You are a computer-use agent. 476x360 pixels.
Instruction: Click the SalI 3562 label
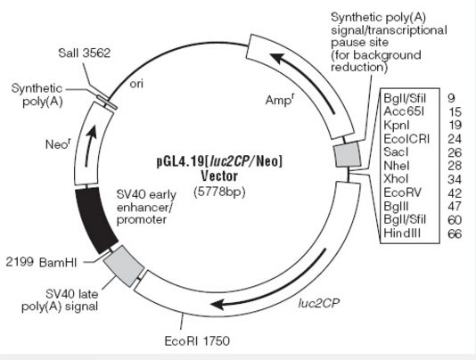(x=85, y=53)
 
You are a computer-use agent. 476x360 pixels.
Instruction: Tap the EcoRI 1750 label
(x=197, y=341)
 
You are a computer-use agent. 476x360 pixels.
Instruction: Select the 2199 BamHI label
(x=42, y=262)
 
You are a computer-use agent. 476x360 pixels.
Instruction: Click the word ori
(x=136, y=84)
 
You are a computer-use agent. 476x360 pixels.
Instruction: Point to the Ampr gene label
(x=279, y=100)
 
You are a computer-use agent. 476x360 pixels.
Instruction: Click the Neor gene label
(x=58, y=143)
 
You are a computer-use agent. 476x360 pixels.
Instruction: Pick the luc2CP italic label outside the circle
(x=319, y=303)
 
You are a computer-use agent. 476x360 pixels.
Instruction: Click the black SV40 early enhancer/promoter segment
(x=94, y=220)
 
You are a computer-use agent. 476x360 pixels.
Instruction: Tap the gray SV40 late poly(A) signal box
(x=124, y=266)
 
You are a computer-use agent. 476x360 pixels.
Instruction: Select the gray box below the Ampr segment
(x=348, y=155)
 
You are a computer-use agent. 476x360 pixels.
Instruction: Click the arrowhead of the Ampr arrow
(x=278, y=58)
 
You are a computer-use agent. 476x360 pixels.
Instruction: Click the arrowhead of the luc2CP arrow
(x=218, y=304)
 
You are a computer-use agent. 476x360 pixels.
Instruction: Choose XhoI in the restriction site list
(x=396, y=179)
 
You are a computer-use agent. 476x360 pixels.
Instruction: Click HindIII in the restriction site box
(x=402, y=233)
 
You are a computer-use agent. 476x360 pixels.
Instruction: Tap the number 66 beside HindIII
(x=455, y=233)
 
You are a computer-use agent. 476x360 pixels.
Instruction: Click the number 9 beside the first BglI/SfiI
(x=451, y=98)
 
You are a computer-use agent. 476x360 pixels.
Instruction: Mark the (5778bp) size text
(x=219, y=192)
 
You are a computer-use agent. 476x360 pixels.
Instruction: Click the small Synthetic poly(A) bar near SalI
(x=107, y=102)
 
